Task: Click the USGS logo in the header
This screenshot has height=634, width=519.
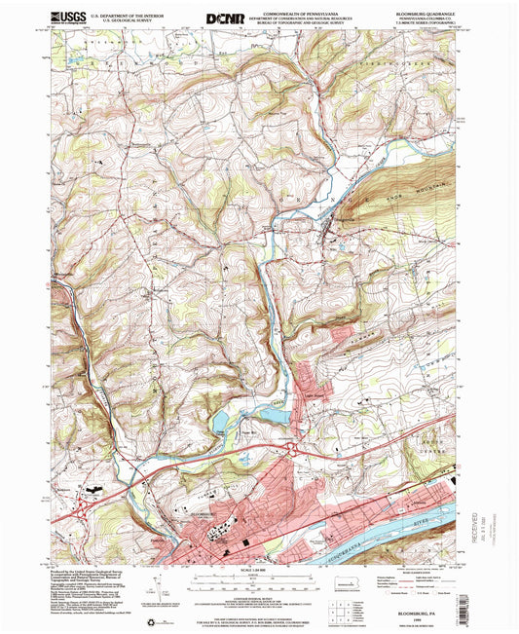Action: pos(67,17)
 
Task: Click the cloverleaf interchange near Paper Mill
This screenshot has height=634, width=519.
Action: pos(293,449)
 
